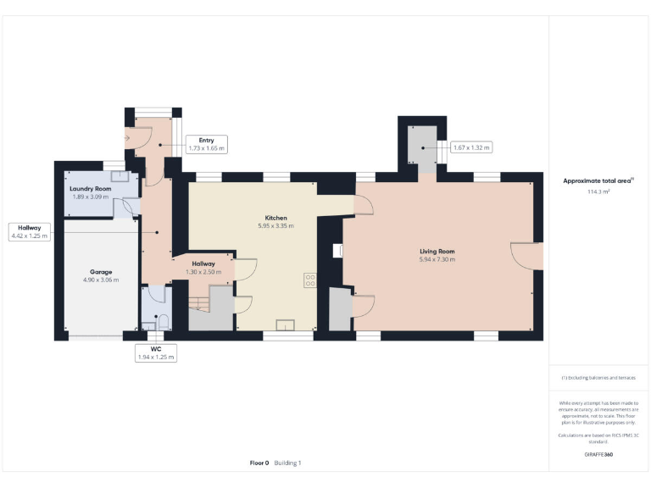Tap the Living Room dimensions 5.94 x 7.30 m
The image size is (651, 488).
pyautogui.click(x=437, y=260)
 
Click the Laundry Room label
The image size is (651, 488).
pyautogui.click(x=91, y=188)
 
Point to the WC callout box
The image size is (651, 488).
pyautogui.click(x=156, y=352)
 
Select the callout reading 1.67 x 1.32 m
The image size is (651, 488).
pyautogui.click(x=471, y=147)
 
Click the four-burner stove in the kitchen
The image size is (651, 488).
pyautogui.click(x=310, y=280)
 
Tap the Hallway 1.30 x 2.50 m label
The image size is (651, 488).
pyautogui.click(x=203, y=268)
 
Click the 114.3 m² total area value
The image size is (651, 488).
pyautogui.click(x=599, y=192)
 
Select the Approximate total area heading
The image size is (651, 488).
pyautogui.click(x=598, y=181)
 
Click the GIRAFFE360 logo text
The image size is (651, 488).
pyautogui.click(x=598, y=455)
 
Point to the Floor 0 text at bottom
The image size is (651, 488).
pyautogui.click(x=259, y=463)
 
